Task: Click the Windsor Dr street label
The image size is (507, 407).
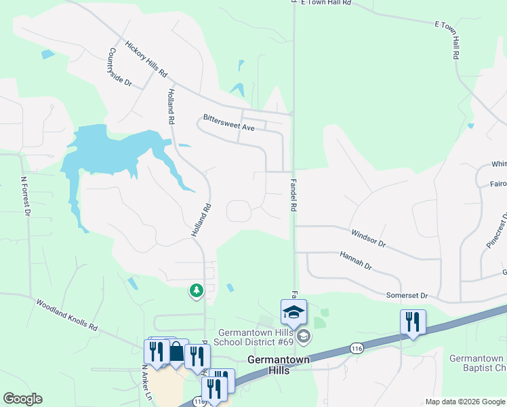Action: (x=368, y=238)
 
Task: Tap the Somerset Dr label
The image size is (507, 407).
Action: (x=407, y=295)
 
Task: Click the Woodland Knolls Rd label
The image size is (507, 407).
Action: (x=66, y=315)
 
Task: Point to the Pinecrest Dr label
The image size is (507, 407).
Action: (x=495, y=235)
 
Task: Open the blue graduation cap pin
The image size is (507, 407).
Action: (x=293, y=312)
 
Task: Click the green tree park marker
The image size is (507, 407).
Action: (x=197, y=290)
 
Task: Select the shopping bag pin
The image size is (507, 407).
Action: (x=176, y=351)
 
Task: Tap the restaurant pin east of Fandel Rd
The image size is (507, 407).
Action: (x=412, y=322)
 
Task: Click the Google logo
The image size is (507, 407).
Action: (x=22, y=399)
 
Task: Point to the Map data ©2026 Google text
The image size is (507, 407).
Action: (x=464, y=402)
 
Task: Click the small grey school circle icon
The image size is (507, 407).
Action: (x=304, y=336)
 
